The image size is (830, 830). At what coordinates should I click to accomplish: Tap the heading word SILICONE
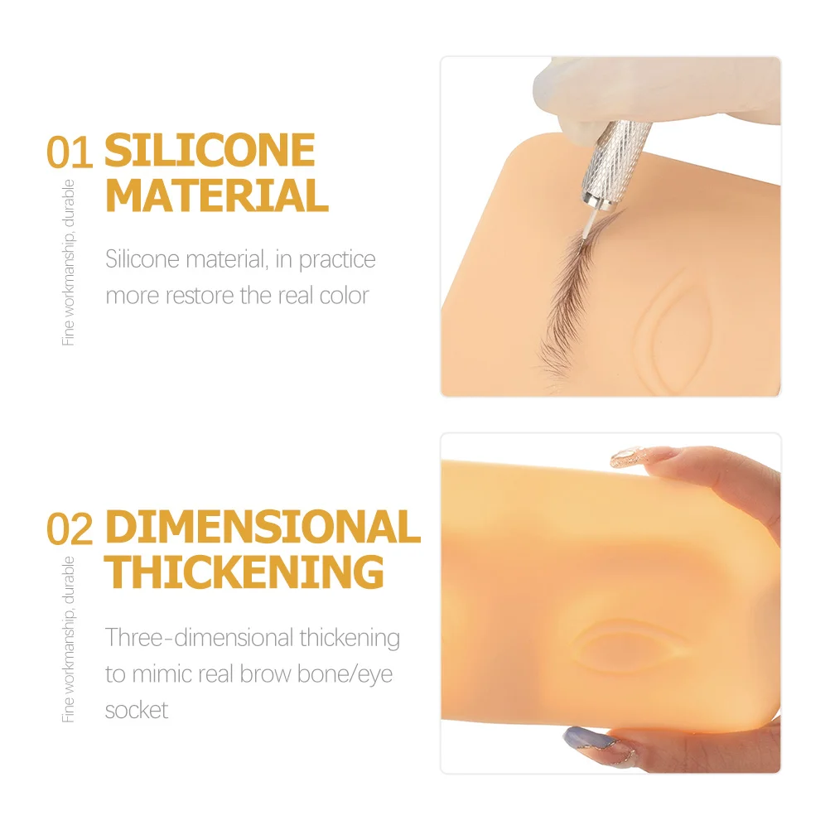(210, 151)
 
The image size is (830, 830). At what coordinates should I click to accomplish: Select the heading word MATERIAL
(217, 196)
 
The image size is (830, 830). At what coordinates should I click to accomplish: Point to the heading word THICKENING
(245, 572)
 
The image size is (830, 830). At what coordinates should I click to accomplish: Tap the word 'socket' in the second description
(137, 710)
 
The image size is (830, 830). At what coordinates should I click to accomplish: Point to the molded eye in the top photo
(675, 327)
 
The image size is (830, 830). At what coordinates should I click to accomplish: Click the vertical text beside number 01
(69, 263)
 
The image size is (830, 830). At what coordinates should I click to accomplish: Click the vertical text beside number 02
(69, 639)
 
